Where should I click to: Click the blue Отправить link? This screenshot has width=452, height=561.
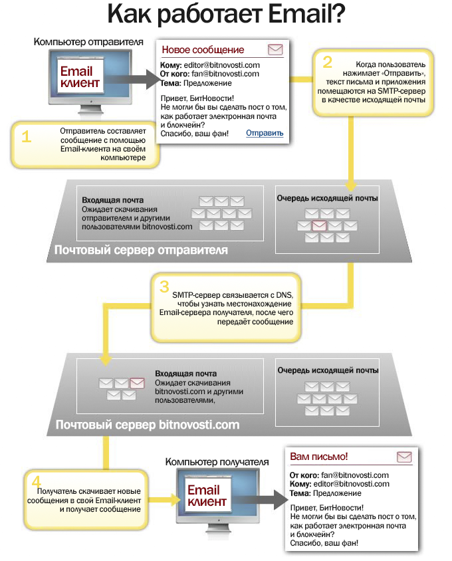pos(265,133)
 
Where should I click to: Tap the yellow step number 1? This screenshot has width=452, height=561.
pos(27,137)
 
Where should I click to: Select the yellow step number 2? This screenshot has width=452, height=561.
pos(327,62)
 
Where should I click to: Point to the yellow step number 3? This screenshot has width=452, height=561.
pos(164,286)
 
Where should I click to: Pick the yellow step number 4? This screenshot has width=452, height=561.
pos(37,481)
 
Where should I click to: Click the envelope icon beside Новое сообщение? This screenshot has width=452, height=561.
pos(275,50)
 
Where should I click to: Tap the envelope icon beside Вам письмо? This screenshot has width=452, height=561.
pos(404,457)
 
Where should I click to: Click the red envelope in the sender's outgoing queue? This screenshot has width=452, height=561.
pos(319,225)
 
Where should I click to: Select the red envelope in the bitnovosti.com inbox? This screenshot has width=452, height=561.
pos(137,383)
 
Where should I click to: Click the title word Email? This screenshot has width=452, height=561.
pos(306,13)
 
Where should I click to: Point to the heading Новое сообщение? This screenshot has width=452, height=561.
pos(203,50)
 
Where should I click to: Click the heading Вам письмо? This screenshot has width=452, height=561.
pos(318,457)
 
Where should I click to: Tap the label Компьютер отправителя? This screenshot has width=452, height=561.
pos(88,42)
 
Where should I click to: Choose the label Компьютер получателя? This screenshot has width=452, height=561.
pos(217,462)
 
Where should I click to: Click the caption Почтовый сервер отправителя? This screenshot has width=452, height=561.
pos(141,250)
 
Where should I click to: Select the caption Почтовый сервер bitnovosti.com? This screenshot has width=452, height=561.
pos(148,425)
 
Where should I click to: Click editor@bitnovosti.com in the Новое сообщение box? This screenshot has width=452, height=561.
pos(222,65)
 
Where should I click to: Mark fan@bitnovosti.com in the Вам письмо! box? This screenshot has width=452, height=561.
pos(355,475)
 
